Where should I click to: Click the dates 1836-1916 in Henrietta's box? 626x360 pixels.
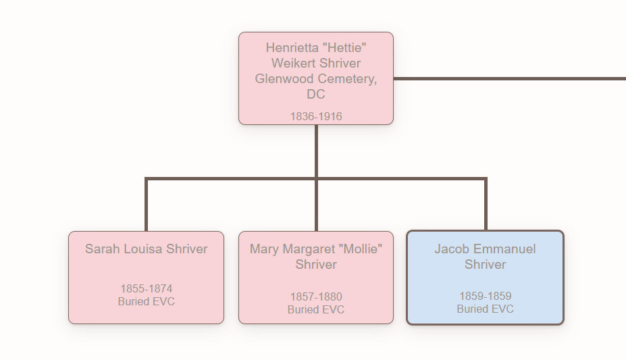(x=316, y=116)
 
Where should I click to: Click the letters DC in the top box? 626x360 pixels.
(x=316, y=95)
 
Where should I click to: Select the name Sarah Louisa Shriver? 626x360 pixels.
(x=146, y=249)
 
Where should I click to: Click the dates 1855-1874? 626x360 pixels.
(x=146, y=289)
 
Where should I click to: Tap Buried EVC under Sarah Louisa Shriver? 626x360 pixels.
(x=146, y=301)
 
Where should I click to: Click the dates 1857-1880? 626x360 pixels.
(x=316, y=297)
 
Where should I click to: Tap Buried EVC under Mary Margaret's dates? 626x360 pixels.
(x=316, y=309)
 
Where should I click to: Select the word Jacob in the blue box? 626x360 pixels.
(x=451, y=249)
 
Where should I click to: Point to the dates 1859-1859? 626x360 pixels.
(x=485, y=297)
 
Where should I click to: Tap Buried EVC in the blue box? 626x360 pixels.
(x=485, y=309)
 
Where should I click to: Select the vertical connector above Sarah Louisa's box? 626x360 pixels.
(x=146, y=206)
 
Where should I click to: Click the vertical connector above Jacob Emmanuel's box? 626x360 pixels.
(x=485, y=206)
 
